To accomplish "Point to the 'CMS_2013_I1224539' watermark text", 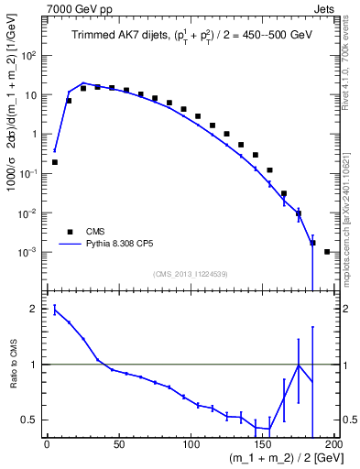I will click(191, 272).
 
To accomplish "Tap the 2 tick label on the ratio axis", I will click(35, 309).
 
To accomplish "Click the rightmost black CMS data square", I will click(327, 251).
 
